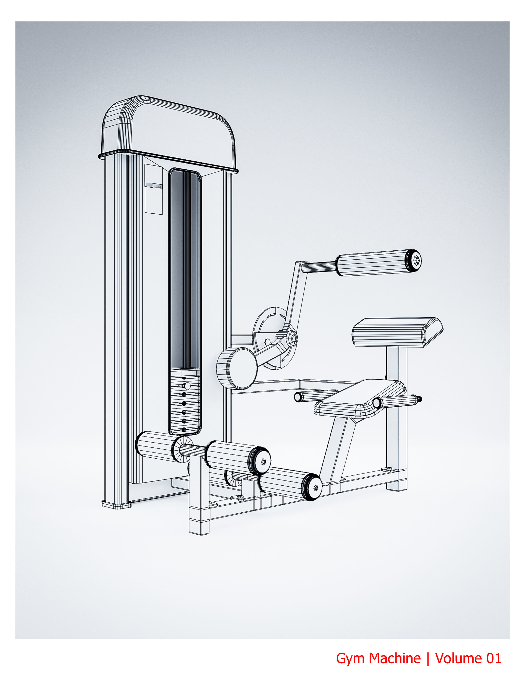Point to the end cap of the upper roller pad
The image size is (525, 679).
pos(415,260)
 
